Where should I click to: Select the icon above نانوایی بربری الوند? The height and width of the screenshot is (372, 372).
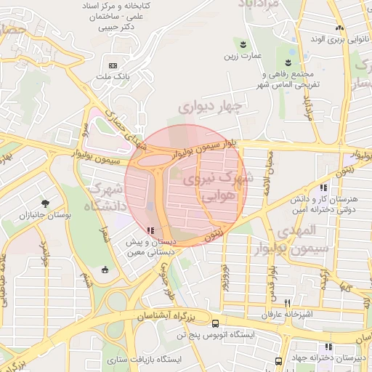(x=339, y=28)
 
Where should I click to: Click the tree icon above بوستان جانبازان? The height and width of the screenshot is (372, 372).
(x=46, y=203)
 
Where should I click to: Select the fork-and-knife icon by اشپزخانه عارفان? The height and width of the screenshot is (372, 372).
(x=288, y=302)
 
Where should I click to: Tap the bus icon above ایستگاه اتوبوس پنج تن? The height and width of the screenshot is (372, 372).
(x=216, y=323)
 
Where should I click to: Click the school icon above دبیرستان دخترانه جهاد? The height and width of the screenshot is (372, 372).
(x=329, y=347)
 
